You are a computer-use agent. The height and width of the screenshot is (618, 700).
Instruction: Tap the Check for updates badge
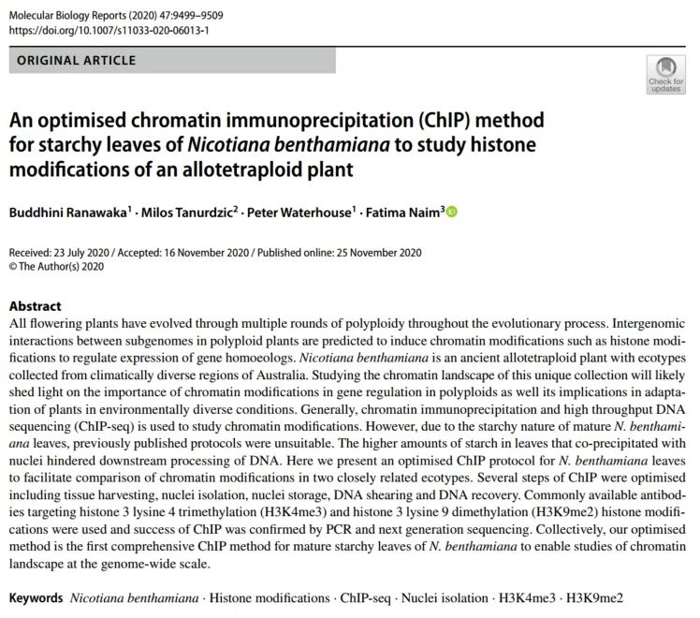(665, 74)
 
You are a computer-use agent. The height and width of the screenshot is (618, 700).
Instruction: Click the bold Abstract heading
(35, 306)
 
